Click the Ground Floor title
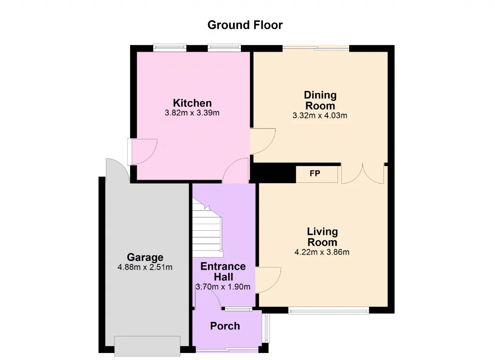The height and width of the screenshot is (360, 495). tap(245, 25)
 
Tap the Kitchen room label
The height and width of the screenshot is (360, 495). tap(192, 103)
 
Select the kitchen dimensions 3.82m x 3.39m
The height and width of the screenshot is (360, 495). tap(192, 113)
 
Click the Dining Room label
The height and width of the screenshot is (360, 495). tap(320, 100)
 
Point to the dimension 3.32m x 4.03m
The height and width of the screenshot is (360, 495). tap(320, 115)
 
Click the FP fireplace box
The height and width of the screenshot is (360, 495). tap(317, 174)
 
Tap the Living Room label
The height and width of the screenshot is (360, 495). tap(323, 237)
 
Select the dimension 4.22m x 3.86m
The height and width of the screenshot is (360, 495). tap(322, 252)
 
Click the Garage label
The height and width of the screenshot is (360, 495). tap(145, 257)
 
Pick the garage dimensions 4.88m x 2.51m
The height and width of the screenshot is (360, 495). tap(145, 267)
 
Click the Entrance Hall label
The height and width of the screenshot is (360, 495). tap(223, 271)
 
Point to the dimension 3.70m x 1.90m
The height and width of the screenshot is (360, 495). tap(223, 287)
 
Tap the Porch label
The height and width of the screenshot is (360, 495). tap(225, 326)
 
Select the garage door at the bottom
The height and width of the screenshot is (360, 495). tap(147, 346)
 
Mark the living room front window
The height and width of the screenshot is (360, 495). tap(329, 312)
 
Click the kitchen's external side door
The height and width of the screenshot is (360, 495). tap(142, 152)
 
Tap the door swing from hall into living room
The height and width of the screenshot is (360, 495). tap(268, 280)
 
